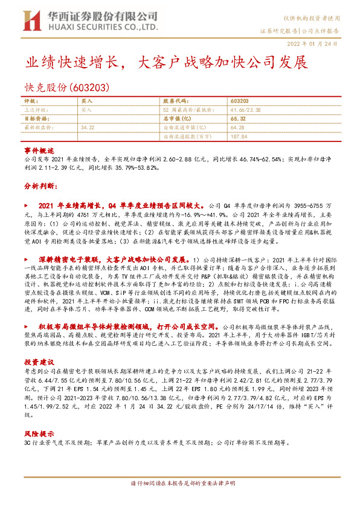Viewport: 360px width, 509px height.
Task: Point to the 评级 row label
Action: [x=31, y=101]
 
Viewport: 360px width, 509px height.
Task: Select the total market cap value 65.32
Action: [x=237, y=119]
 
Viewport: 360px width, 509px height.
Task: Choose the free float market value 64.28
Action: [x=237, y=128]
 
